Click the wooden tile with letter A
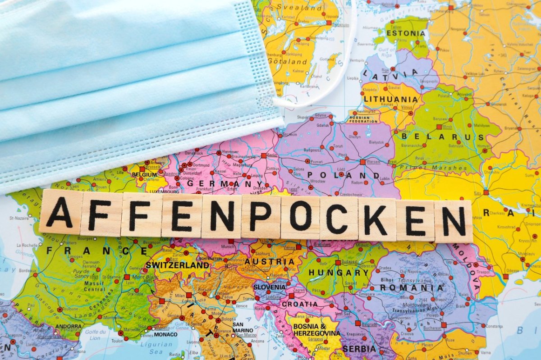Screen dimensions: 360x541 [60, 212]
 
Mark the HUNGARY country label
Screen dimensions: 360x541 [339, 273]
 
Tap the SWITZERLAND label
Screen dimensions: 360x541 [177, 265]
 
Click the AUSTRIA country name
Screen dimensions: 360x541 [275, 262]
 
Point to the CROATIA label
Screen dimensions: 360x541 [299, 304]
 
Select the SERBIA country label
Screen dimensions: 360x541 [359, 349]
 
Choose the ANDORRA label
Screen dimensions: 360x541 [69, 326]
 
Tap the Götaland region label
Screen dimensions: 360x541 [287, 61]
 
